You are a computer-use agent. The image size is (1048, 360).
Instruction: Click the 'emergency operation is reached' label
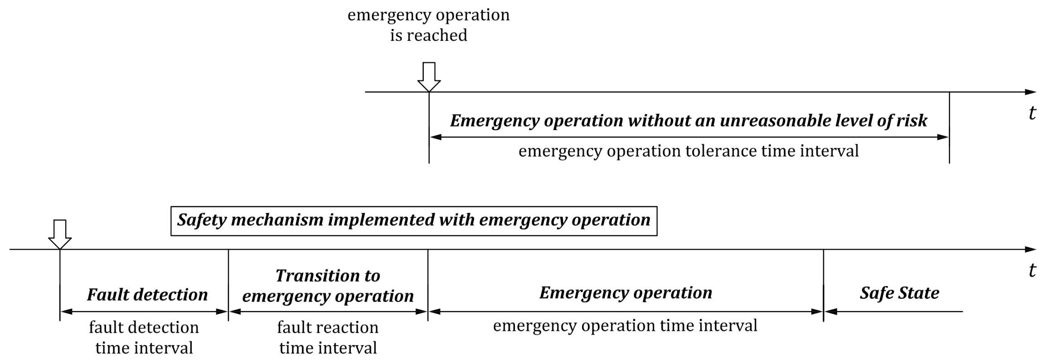(428, 24)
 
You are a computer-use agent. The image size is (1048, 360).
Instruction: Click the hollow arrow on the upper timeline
(429, 77)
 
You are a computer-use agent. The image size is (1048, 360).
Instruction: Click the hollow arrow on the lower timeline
(60, 234)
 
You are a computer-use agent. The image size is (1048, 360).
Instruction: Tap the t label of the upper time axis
(1032, 113)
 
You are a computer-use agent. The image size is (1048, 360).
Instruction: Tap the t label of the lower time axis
(1032, 270)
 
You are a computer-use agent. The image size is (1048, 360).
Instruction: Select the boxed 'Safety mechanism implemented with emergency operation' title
(414, 221)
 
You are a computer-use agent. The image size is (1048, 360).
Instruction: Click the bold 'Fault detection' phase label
(147, 295)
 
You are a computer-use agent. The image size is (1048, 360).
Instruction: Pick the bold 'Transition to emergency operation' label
(328, 286)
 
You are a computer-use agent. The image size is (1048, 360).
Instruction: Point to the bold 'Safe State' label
(899, 293)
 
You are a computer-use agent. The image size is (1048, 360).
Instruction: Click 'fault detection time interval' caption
(144, 337)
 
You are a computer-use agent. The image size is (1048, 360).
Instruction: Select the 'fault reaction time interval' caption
(328, 337)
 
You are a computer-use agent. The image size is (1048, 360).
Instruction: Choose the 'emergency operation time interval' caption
(625, 326)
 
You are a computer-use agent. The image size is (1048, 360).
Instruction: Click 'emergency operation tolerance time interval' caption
(689, 151)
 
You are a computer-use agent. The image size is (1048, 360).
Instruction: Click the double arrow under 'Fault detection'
(144, 311)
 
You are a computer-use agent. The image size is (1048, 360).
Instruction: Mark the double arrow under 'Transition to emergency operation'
(328, 311)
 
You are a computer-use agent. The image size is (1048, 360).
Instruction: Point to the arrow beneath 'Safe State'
(893, 311)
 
